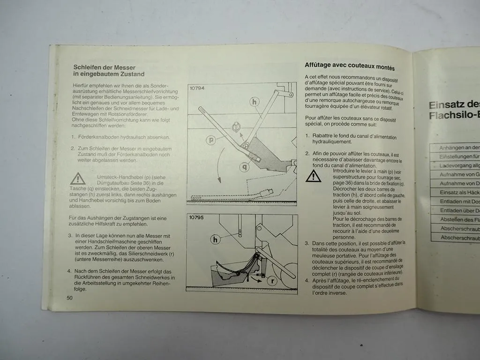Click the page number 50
click(69, 298)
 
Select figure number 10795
click(197, 218)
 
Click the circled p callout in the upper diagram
click(210, 140)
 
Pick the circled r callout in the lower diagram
click(272, 281)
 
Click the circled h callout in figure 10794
click(254, 101)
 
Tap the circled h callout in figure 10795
click(215, 240)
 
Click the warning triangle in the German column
click(78, 179)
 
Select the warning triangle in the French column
click(313, 176)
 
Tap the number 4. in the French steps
click(307, 280)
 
